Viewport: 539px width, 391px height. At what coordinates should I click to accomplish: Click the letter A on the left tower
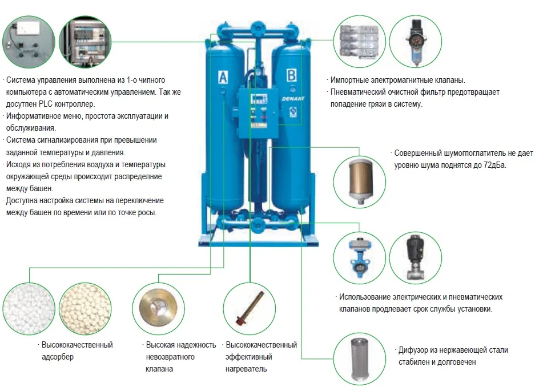223,77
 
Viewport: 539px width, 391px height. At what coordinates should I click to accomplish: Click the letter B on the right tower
292,75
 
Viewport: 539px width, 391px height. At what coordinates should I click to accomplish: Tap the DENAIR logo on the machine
293,99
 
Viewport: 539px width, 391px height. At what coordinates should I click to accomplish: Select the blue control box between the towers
258,113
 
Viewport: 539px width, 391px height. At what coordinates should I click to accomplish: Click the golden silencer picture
360,182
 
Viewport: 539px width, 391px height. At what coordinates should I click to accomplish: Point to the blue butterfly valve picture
360,258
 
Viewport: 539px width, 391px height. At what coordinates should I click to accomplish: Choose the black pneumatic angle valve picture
415,257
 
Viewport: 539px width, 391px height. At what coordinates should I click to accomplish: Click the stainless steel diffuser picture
360,360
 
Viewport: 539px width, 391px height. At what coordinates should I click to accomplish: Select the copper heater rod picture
250,309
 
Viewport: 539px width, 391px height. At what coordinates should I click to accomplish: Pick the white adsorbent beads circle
29,309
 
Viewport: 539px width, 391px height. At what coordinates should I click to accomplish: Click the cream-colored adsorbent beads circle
85,309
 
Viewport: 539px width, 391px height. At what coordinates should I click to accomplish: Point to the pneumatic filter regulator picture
416,42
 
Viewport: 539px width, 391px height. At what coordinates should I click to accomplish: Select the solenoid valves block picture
360,42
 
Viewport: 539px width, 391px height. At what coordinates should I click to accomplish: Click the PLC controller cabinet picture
85,42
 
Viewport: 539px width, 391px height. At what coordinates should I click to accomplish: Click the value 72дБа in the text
494,165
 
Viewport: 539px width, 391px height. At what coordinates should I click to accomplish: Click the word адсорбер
58,357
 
